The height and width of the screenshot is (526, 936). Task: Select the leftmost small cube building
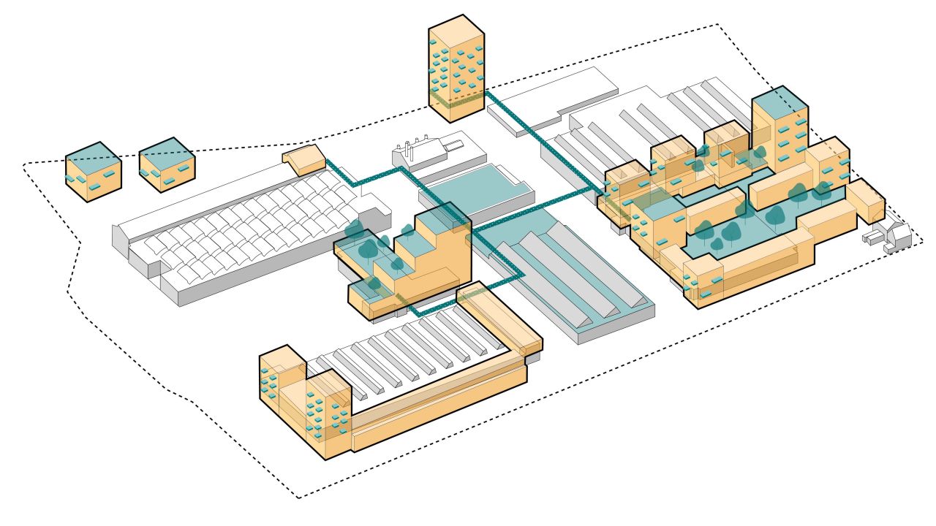pos(93,172)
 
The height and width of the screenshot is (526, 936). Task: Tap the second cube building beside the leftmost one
pos(167,166)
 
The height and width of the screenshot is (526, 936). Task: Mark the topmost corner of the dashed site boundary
pos(717,26)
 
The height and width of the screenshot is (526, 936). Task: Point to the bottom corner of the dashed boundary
pos(298,498)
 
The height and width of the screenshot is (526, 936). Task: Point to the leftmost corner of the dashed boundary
pos(24,163)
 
